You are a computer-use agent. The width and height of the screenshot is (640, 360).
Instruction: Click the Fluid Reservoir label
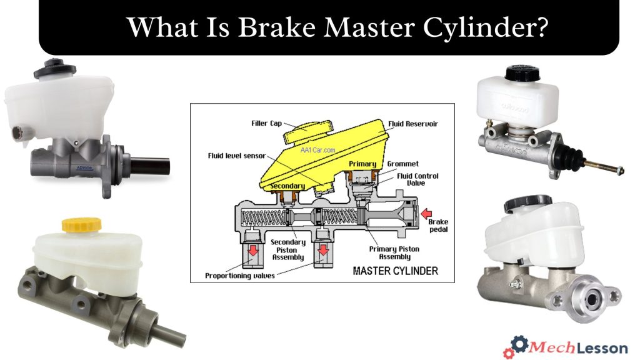pos(412,124)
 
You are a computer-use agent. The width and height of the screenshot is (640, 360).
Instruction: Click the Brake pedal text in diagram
pos(439,226)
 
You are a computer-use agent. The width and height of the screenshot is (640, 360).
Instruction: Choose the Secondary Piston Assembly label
pos(288,249)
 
